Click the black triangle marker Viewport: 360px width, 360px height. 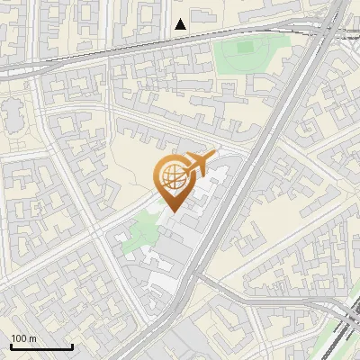click(181, 23)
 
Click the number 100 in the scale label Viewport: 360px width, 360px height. click(19, 338)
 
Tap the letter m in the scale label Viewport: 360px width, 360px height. click(32, 338)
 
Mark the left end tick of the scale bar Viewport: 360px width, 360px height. click(10, 346)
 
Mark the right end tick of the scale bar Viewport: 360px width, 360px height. click(72, 346)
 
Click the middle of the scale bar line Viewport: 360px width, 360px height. click(41, 347)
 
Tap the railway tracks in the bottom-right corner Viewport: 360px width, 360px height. click(346, 328)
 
